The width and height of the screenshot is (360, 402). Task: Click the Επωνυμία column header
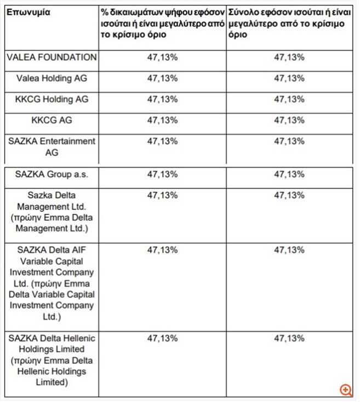pyautogui.click(x=28, y=13)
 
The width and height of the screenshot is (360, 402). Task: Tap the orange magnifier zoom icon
pyautogui.click(x=346, y=390)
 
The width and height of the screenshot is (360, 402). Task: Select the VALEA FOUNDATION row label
pyautogui.click(x=52, y=57)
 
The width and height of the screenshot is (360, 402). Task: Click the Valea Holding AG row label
pyautogui.click(x=52, y=78)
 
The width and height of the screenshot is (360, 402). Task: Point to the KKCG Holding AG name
pyautogui.click(x=52, y=99)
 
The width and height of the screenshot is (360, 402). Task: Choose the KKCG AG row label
pyautogui.click(x=52, y=120)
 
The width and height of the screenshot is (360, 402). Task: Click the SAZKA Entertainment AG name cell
pyautogui.click(x=52, y=146)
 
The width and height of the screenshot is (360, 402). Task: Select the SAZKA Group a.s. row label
pyautogui.click(x=52, y=174)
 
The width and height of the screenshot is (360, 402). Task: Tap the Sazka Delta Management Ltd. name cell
pyautogui.click(x=52, y=212)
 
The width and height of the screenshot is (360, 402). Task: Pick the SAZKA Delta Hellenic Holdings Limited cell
pyautogui.click(x=52, y=360)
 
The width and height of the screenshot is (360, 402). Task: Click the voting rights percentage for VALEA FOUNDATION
pyautogui.click(x=162, y=57)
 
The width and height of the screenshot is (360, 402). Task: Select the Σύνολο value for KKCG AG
pyautogui.click(x=289, y=120)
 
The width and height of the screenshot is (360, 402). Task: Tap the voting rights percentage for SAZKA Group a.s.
pyautogui.click(x=162, y=174)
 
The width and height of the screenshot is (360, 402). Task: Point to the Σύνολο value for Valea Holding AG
pyautogui.click(x=289, y=78)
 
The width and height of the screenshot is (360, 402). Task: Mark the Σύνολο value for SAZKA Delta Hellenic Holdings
pyautogui.click(x=289, y=338)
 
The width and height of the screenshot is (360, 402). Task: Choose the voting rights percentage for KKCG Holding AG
pyautogui.click(x=162, y=99)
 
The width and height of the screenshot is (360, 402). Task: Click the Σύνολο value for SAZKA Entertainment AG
pyautogui.click(x=289, y=141)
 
